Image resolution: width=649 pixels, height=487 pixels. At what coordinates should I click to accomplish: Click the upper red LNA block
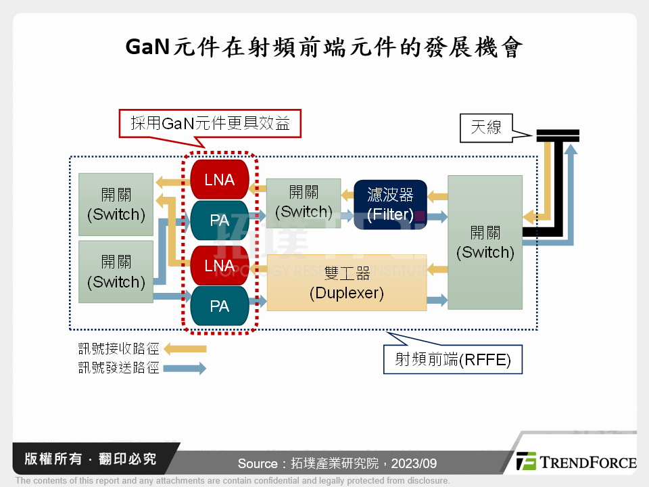click(220, 179)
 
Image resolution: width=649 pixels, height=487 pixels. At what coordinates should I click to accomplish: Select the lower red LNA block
click(220, 265)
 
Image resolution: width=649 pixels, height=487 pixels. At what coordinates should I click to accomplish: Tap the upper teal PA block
click(220, 221)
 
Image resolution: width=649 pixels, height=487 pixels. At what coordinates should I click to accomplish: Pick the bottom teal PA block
click(220, 306)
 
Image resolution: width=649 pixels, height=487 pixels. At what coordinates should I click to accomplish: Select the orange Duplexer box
click(347, 283)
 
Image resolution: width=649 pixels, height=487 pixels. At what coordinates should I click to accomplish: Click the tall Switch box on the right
click(485, 242)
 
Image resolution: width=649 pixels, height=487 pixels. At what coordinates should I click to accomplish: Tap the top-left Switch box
click(116, 204)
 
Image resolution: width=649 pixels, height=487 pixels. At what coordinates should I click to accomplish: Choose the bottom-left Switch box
click(116, 271)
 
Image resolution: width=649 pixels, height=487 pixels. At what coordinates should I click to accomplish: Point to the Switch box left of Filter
click(304, 202)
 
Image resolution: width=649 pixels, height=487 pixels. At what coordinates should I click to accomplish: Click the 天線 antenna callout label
click(485, 126)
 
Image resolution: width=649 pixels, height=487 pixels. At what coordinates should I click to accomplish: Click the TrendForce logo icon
click(526, 461)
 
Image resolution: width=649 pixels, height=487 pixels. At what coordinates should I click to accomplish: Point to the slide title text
click(324, 47)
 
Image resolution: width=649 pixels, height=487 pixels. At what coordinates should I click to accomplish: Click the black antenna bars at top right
click(558, 135)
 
